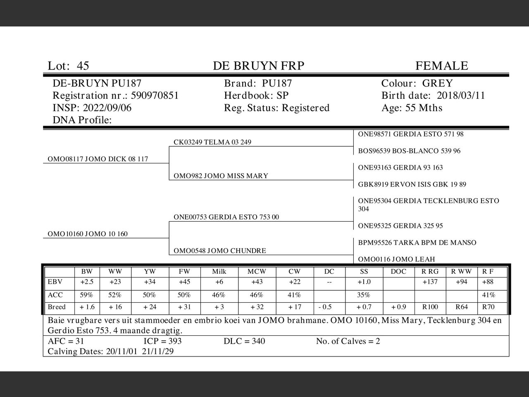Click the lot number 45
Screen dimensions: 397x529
pos(83,66)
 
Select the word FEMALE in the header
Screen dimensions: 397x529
pos(441,66)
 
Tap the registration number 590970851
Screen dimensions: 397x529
pos(155,96)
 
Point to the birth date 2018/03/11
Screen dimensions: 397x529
pos(461,96)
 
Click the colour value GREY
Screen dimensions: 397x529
pos(437,84)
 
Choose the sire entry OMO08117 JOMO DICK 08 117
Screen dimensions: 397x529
pos(98,159)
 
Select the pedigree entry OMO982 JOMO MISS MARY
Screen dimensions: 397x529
pos(221,176)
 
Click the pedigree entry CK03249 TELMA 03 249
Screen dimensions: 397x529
pos(212,143)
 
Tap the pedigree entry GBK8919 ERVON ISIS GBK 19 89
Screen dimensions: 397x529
pos(412,184)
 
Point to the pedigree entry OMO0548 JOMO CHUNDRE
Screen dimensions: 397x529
pos(219,251)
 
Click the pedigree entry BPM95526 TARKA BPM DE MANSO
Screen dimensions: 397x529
pos(417,243)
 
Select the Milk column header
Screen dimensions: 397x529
pos(219,272)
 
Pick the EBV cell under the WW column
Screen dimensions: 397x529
pos(115,282)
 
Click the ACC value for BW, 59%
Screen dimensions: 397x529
pos(87,295)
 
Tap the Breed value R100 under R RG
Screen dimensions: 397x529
pos(430,307)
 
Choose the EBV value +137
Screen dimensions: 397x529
pos(430,282)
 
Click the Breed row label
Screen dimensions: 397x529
pos(57,307)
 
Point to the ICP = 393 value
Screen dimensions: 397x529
pos(162,342)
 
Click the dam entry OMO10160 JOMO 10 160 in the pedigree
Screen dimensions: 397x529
pos(88,234)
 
